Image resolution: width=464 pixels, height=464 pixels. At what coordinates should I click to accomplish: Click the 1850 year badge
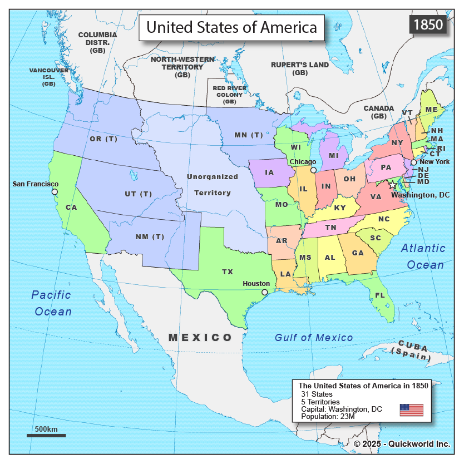click(428, 25)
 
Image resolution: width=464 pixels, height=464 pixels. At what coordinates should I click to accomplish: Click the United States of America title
click(231, 27)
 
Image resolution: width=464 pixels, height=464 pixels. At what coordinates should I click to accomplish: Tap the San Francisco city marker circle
click(55, 192)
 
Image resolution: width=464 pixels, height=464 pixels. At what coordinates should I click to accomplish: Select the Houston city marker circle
click(265, 292)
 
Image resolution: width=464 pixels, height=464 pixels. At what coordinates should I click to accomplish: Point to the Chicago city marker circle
click(313, 170)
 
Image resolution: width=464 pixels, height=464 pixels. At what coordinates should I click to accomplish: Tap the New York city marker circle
click(413, 162)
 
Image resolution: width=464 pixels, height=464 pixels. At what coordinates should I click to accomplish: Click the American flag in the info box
click(411, 410)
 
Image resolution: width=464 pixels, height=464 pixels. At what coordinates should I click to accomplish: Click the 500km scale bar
click(46, 435)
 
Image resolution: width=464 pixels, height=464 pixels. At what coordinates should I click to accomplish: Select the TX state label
click(228, 272)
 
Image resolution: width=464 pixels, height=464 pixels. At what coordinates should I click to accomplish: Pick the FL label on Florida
click(380, 295)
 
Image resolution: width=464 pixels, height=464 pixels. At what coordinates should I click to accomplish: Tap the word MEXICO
click(200, 337)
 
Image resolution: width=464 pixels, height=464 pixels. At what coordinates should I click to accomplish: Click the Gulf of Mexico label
click(314, 337)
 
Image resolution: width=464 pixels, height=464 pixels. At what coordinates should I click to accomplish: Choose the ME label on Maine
click(432, 109)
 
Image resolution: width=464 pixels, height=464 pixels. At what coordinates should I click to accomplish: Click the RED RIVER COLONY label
click(230, 95)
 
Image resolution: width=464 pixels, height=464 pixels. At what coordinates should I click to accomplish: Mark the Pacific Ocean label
click(52, 303)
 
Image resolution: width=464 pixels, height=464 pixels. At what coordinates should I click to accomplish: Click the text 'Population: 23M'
click(324, 416)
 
